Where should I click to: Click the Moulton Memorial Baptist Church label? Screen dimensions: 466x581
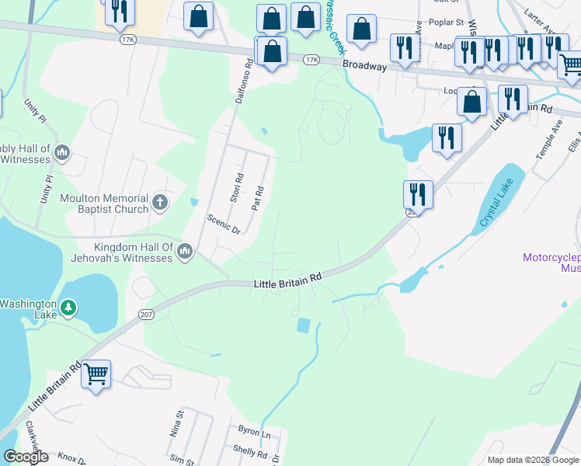(103, 203)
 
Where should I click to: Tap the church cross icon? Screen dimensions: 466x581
(160, 203)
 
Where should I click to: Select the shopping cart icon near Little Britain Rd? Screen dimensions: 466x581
(96, 375)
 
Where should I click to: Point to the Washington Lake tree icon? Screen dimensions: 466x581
(68, 308)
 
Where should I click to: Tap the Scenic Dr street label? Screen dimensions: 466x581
(224, 224)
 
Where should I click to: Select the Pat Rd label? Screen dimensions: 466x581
(259, 198)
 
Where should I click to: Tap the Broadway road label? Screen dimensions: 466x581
(364, 66)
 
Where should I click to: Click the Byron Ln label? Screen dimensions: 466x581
(253, 431)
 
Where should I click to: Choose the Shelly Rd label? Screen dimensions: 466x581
(250, 450)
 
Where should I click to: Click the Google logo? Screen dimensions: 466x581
(26, 457)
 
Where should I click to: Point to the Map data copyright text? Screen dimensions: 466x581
(532, 460)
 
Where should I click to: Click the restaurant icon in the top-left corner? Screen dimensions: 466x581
(119, 11)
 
